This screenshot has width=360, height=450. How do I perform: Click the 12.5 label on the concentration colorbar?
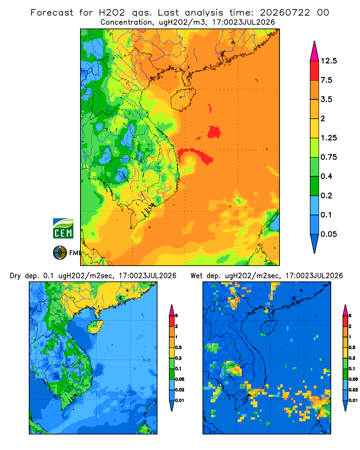pos(328,61)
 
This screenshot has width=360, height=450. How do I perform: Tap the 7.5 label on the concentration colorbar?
pos(326,80)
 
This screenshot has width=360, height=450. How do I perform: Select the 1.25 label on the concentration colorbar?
pos(328,138)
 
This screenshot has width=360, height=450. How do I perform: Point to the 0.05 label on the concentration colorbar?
pos(328,234)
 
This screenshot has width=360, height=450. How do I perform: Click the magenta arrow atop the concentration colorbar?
pos(315,51)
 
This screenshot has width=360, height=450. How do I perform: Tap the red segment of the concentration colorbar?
pos(315,71)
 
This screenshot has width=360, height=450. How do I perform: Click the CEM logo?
pos(63,229)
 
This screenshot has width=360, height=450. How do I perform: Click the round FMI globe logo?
pos(60,252)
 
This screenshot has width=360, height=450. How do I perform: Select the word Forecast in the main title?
pos(52,13)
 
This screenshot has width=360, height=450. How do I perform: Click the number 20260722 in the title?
pos(285,13)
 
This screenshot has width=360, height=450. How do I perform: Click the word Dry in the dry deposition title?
pos(15,276)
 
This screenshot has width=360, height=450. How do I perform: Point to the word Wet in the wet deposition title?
pos(197,276)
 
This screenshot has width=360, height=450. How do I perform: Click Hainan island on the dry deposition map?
pos(95,327)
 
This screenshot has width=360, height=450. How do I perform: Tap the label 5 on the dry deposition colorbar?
pos(176,316)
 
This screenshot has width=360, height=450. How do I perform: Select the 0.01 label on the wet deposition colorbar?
pos(353,400)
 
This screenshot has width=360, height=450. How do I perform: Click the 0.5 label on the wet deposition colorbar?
pos(352,347)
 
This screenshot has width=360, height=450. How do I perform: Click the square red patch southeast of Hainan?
pos(214,132)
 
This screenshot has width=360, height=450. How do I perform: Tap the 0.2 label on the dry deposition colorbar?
pos(178,358)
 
